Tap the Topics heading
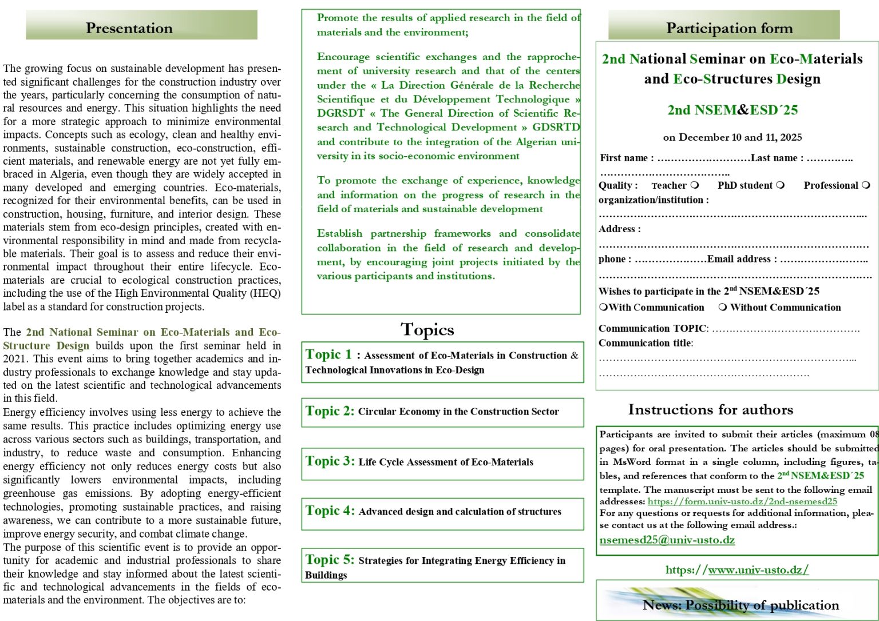(x=427, y=329)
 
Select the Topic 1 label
(x=328, y=355)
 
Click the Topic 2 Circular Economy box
(x=442, y=412)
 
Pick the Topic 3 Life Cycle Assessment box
(x=442, y=462)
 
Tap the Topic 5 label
(x=330, y=560)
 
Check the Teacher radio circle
(x=695, y=185)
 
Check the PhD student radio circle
(x=781, y=185)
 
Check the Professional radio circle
(x=866, y=185)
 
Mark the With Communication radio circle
(x=603, y=307)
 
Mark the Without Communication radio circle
(x=723, y=307)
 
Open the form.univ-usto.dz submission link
(x=742, y=501)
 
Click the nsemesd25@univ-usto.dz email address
(x=667, y=540)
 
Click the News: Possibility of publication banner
(x=741, y=605)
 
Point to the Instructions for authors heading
(x=710, y=409)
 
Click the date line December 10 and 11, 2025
(x=732, y=137)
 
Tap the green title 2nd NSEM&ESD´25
(x=732, y=110)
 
